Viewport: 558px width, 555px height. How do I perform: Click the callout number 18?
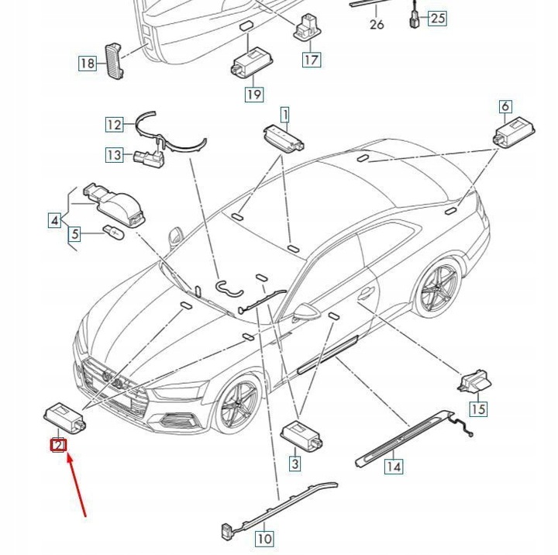click(x=87, y=64)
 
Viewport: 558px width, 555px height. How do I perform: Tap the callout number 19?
click(x=254, y=95)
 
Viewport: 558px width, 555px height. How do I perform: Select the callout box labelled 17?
click(x=311, y=59)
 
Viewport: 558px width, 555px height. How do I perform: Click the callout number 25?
click(x=438, y=18)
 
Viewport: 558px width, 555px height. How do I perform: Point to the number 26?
click(x=377, y=25)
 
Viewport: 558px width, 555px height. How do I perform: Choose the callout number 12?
click(x=115, y=124)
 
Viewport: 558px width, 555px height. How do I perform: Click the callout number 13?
click(x=115, y=155)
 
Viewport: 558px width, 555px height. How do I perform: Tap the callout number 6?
click(x=505, y=107)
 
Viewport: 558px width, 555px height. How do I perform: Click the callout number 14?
click(x=394, y=467)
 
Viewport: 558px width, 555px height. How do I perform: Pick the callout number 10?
click(x=264, y=538)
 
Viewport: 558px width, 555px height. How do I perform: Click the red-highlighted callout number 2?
click(x=57, y=446)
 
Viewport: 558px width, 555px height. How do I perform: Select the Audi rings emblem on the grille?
click(x=116, y=381)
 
